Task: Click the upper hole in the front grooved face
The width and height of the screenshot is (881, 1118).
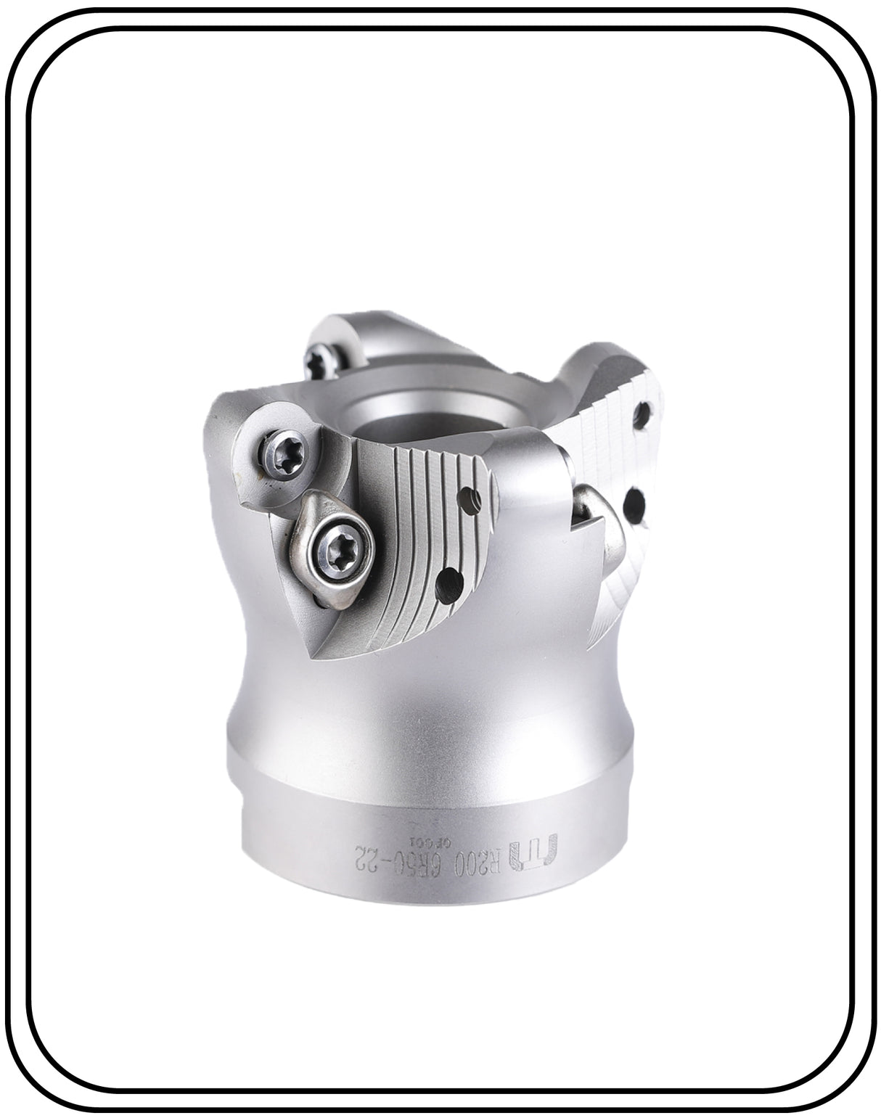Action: point(470,499)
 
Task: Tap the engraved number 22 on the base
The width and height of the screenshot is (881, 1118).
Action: point(369,849)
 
